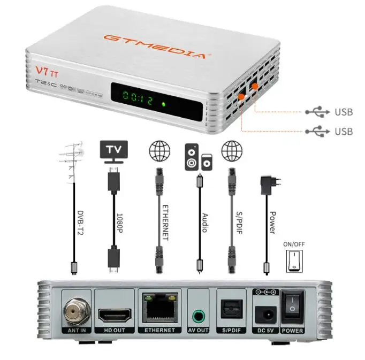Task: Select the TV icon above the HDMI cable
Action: tap(112, 150)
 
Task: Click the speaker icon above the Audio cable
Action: tap(197, 156)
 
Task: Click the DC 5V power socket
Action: tap(265, 315)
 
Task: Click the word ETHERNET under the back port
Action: tap(159, 330)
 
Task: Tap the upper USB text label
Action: tap(344, 112)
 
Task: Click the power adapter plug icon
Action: tap(265, 185)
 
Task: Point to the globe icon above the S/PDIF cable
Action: tap(231, 151)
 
